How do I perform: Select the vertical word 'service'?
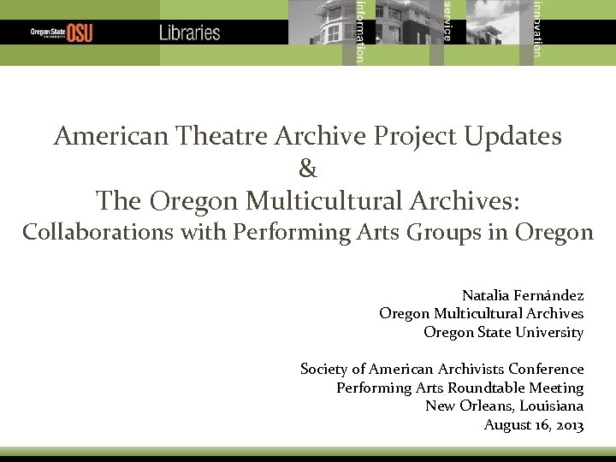(x=447, y=21)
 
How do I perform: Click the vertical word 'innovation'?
(x=536, y=28)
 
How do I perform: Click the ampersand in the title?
(x=308, y=169)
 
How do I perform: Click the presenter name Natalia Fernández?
(x=523, y=295)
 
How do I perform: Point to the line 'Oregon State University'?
(x=503, y=332)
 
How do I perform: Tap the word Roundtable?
(x=484, y=388)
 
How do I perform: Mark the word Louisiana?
(x=552, y=406)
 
